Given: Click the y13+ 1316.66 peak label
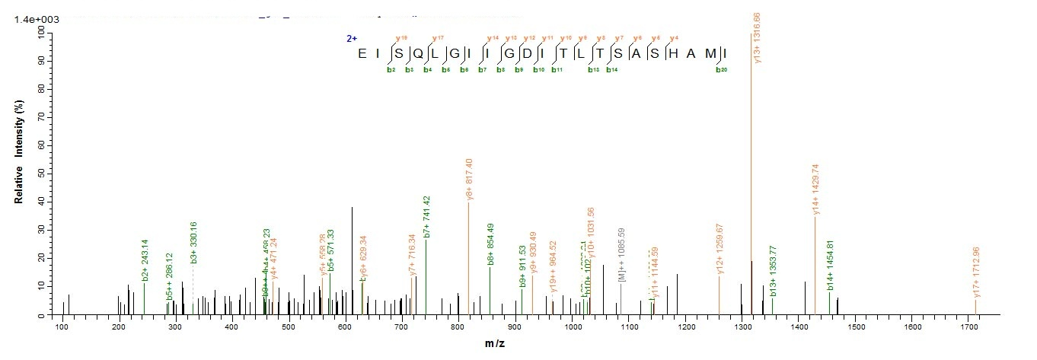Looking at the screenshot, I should click(x=757, y=38).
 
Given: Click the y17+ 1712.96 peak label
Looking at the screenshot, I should click(x=977, y=272).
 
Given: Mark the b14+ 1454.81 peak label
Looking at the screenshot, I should click(x=831, y=266).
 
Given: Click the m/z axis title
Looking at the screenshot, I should click(x=495, y=344).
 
